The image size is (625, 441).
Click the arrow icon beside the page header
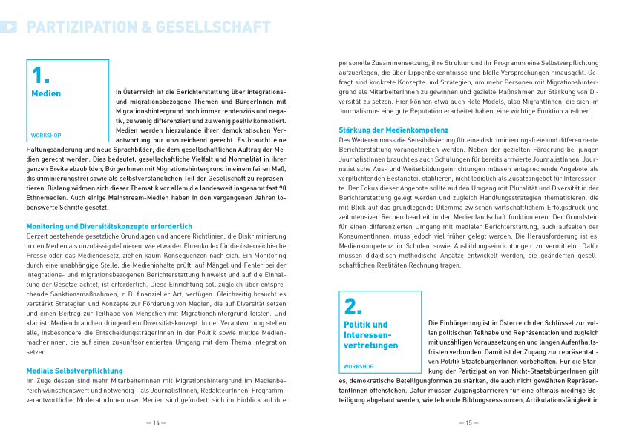tap(9, 27)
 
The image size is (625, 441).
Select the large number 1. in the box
tap(41, 75)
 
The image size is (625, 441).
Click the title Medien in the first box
tap(46, 94)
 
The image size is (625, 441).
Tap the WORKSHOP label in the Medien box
tap(46, 136)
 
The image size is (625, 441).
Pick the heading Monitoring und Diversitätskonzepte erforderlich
tap(109, 225)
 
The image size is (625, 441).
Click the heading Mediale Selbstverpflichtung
tap(74, 371)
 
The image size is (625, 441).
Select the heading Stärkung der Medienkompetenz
tap(393, 130)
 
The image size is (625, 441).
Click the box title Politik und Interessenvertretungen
tap(370, 335)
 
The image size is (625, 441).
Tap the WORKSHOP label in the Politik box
tap(359, 367)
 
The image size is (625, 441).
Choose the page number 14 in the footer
tap(156, 423)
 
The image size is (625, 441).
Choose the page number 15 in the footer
tap(468, 423)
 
